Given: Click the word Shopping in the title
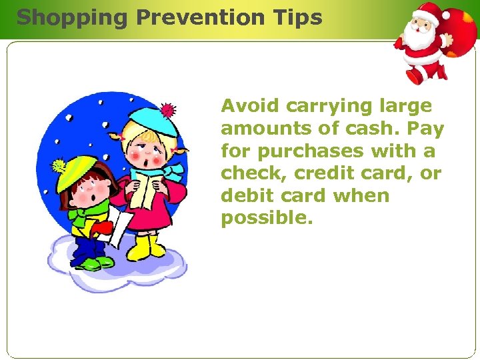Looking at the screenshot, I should point(71,17).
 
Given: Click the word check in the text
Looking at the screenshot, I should point(249,173).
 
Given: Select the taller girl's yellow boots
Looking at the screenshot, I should point(145,247).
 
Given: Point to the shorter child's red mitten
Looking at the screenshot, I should point(101,228).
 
